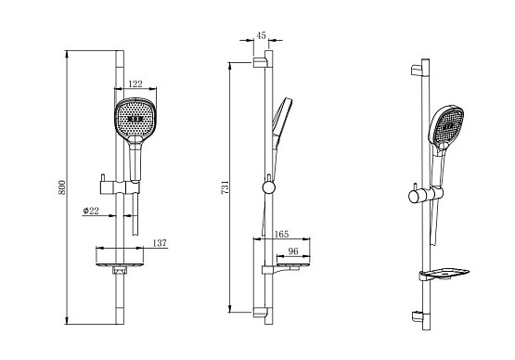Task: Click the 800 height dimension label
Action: click(x=62, y=187)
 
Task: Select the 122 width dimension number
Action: click(x=135, y=84)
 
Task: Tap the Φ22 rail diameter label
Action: click(x=91, y=211)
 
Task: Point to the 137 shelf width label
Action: click(x=160, y=243)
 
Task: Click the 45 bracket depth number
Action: click(x=261, y=35)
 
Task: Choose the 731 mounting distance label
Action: click(x=225, y=187)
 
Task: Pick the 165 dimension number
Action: click(x=281, y=234)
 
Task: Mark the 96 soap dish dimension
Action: click(x=293, y=251)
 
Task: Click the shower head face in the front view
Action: click(x=135, y=117)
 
